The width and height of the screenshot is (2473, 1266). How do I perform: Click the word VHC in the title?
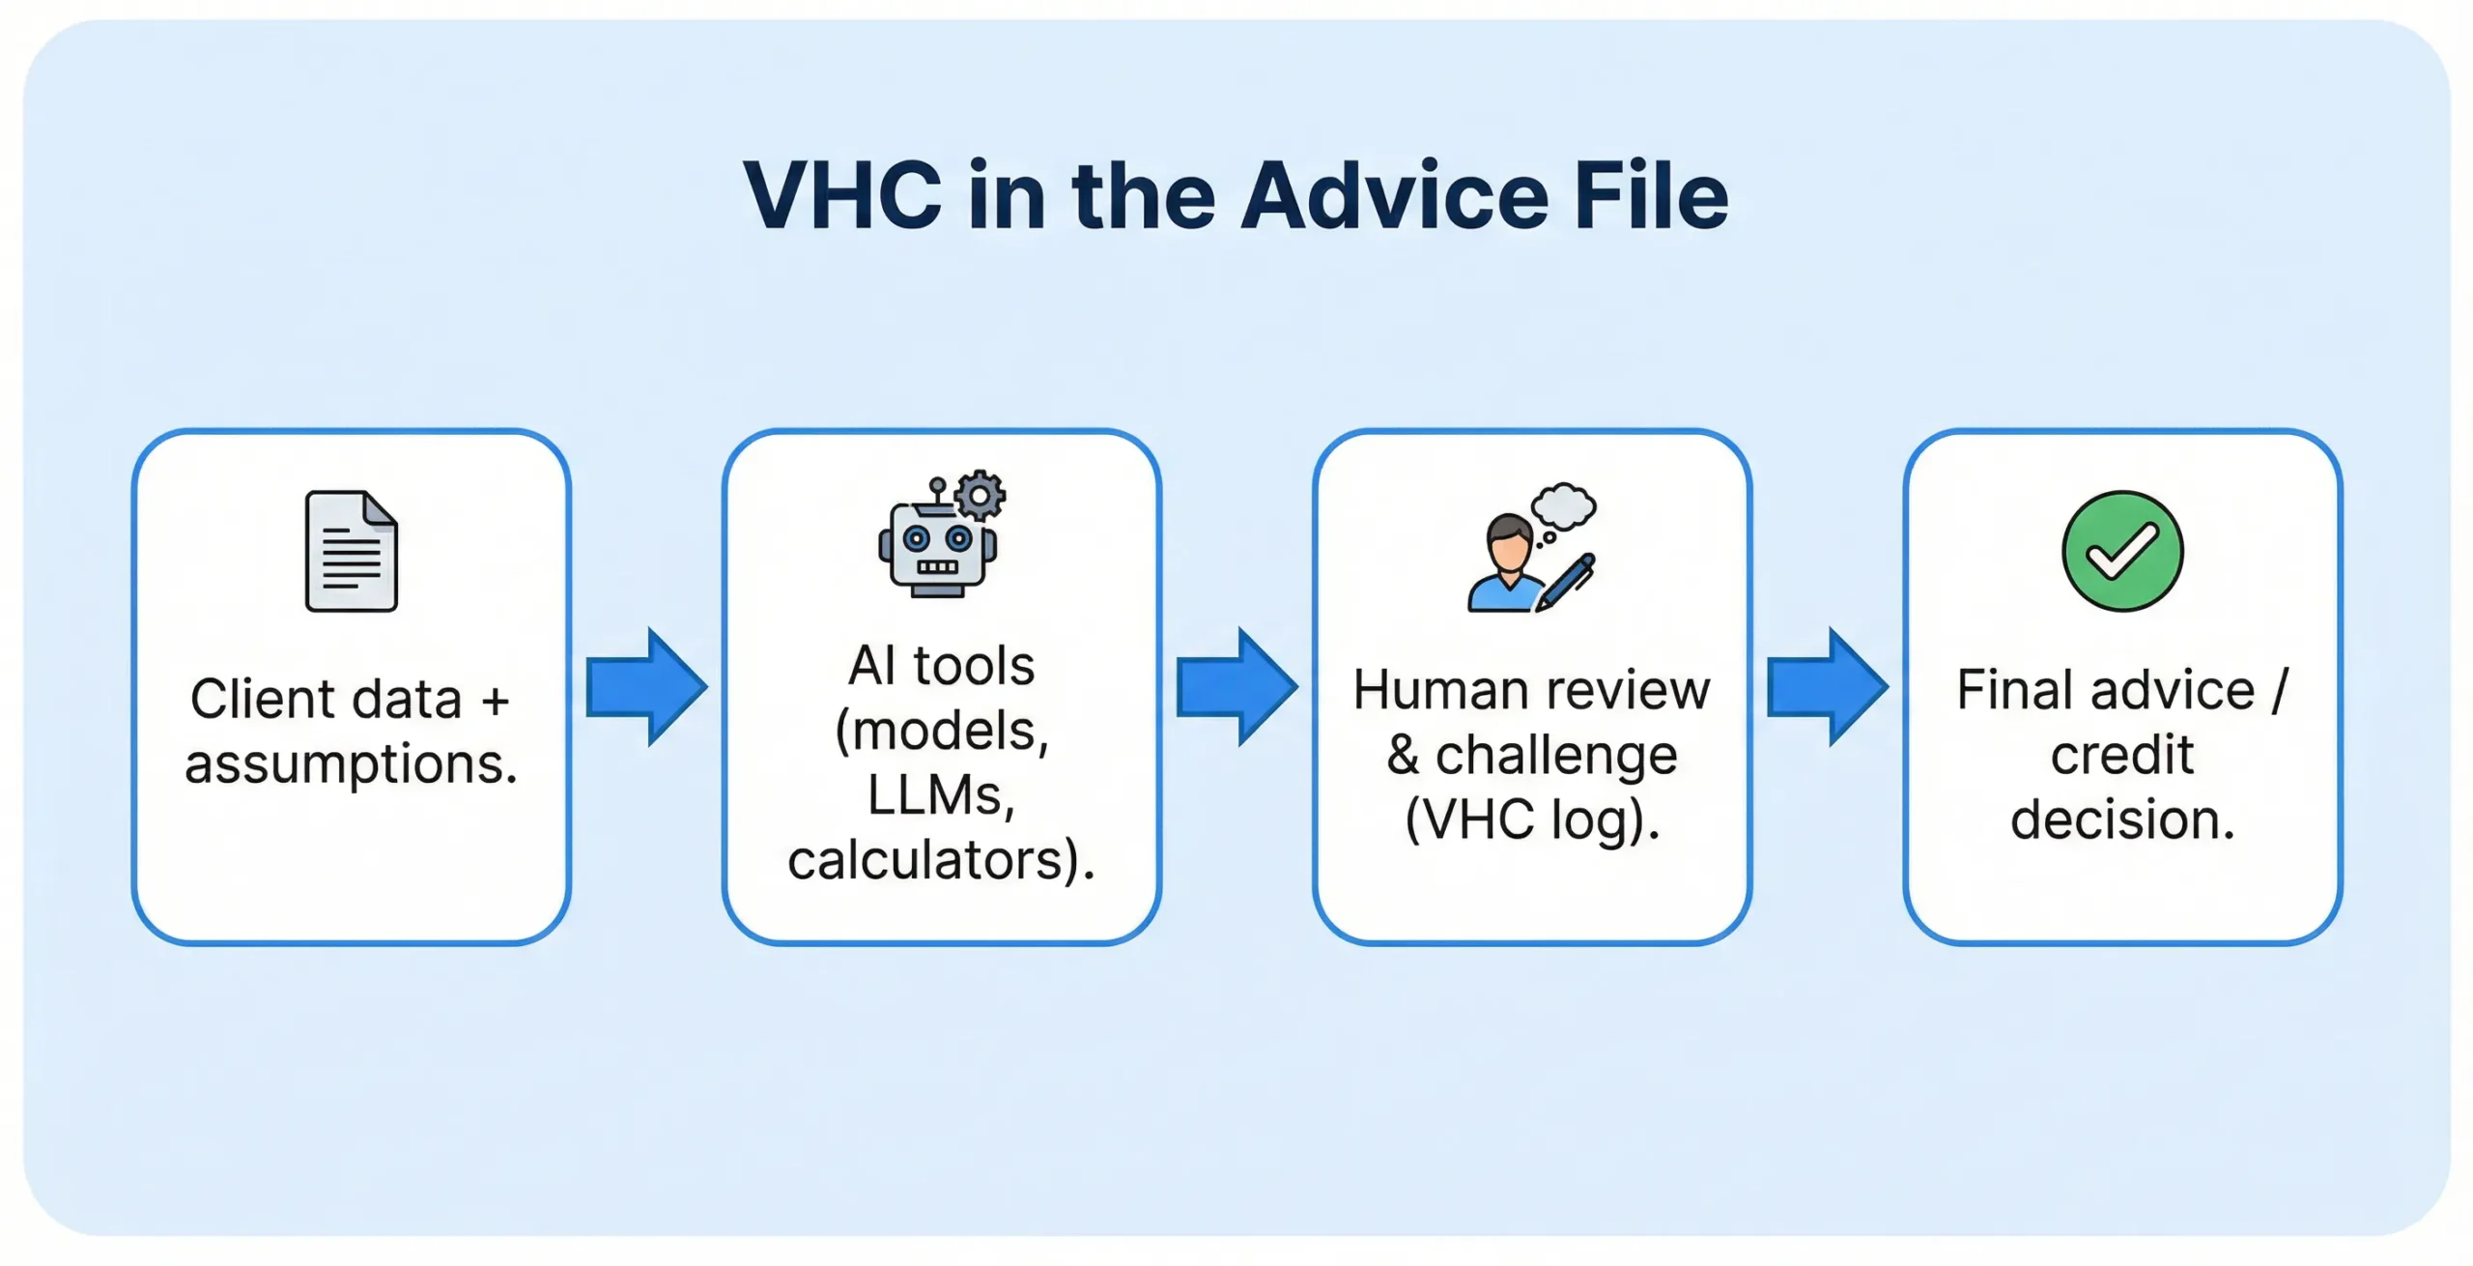click(842, 196)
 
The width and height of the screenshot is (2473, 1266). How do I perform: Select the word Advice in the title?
click(1394, 196)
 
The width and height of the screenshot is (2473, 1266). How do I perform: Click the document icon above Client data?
click(351, 552)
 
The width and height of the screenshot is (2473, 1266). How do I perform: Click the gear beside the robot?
click(980, 496)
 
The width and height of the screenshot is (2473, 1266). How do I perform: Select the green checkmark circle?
click(2121, 552)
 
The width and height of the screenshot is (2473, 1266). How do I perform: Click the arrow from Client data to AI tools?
click(645, 687)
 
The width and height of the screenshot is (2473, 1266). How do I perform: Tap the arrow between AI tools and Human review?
click(1236, 687)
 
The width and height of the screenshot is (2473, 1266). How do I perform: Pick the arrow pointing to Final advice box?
click(1826, 687)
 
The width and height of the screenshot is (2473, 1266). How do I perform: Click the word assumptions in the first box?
click(351, 764)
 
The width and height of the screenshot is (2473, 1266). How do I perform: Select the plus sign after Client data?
click(496, 700)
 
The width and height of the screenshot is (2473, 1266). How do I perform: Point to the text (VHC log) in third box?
click(1531, 820)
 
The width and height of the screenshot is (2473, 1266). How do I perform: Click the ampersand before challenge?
click(1402, 756)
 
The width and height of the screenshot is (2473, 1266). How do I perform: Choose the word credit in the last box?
click(2121, 755)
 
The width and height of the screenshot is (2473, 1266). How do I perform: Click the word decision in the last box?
click(2121, 820)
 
